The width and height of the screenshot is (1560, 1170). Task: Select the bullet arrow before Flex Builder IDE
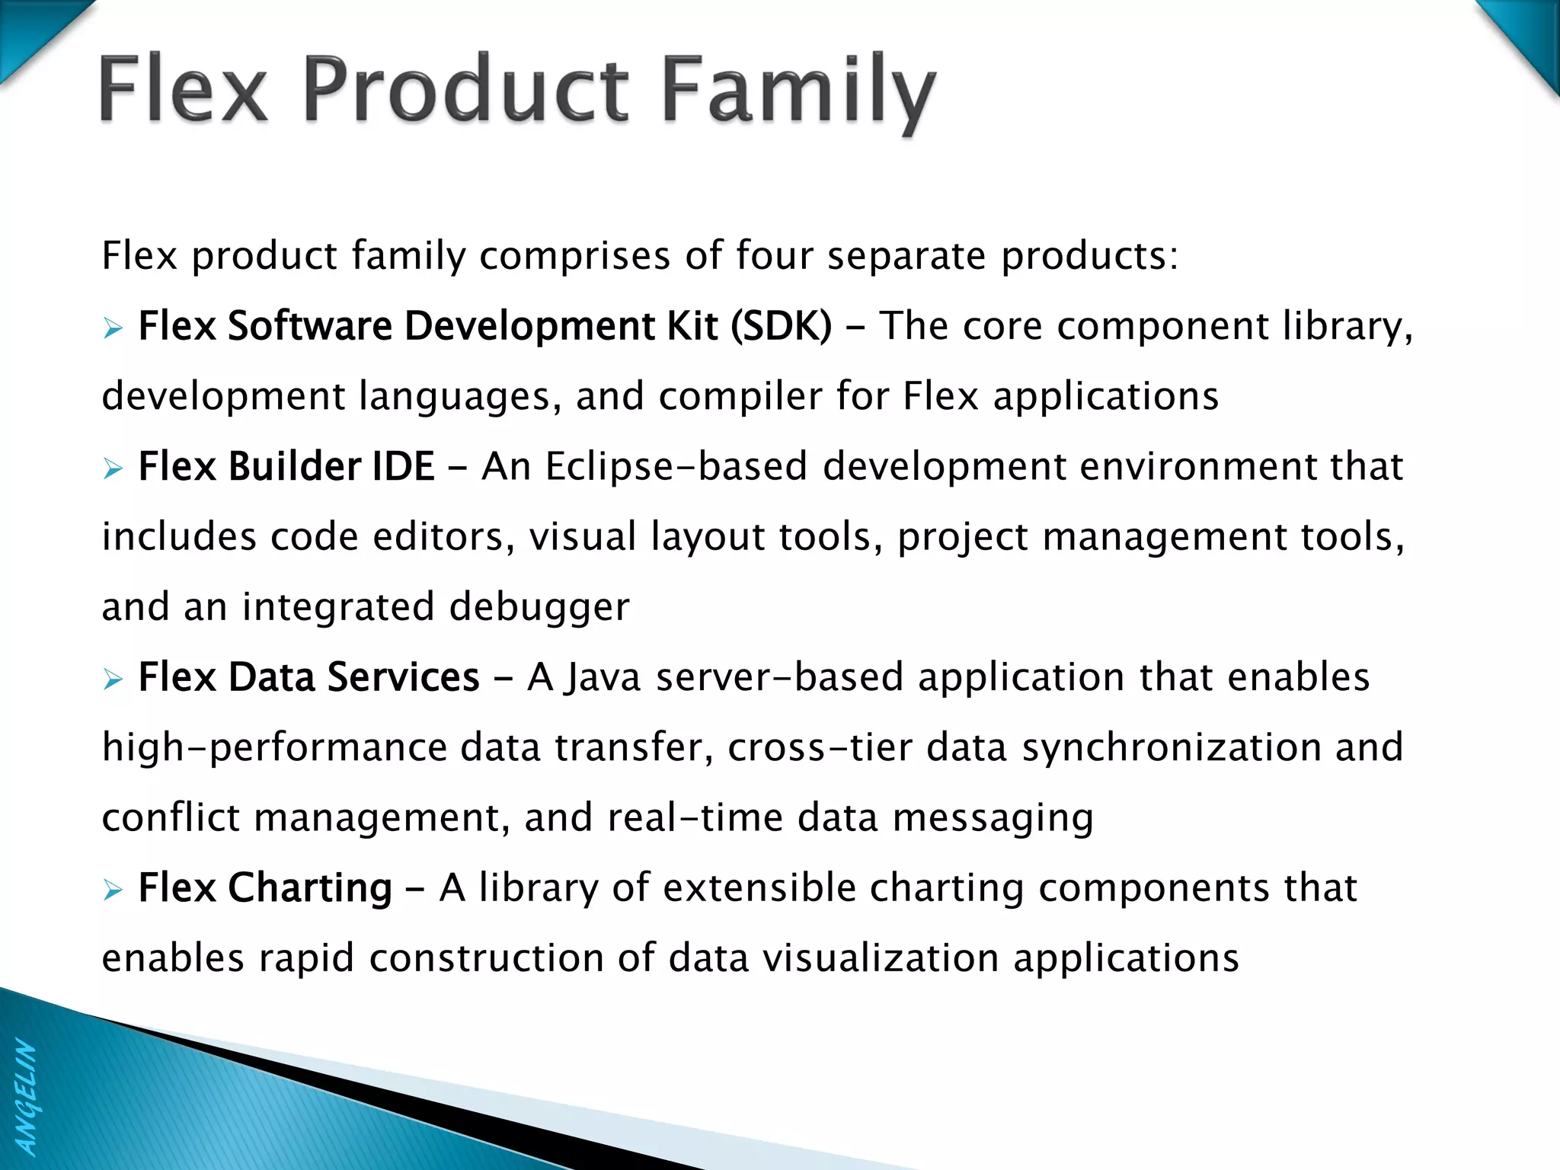[x=113, y=468]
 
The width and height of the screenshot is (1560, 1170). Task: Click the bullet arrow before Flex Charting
[x=113, y=890]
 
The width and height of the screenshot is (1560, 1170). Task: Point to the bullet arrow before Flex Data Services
[x=113, y=679]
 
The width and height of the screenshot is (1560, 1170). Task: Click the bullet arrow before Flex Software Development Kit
[x=113, y=328]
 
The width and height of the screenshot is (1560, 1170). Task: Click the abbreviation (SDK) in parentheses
[x=781, y=327]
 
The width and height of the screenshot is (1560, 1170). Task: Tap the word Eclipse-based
[x=676, y=466]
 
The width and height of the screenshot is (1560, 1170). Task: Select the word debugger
[x=539, y=607]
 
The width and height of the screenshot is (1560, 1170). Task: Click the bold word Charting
[x=310, y=888]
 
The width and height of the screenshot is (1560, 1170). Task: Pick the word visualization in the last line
[x=881, y=957]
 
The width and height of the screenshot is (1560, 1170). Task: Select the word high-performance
[x=274, y=747]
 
